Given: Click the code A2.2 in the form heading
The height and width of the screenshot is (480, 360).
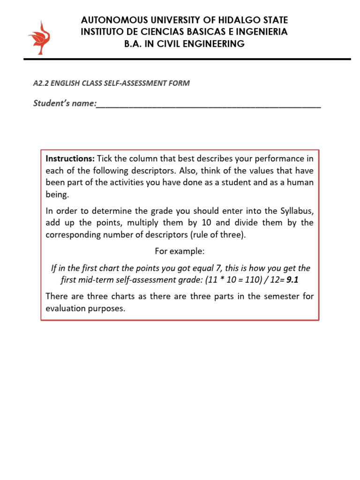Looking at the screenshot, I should click(x=41, y=83).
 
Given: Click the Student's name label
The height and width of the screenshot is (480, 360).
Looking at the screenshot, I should click(x=64, y=103).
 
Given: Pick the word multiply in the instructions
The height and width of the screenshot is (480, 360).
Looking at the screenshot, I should click(x=142, y=223).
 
